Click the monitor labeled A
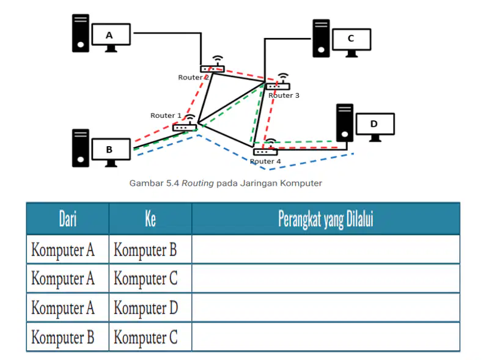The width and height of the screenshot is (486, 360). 111,37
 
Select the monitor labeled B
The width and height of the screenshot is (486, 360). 111,152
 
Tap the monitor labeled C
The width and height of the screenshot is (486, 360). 352,42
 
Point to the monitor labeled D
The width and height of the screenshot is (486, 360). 375,127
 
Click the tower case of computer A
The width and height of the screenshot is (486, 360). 81,33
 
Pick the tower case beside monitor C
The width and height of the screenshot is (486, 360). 321,39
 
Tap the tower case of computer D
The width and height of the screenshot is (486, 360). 345,123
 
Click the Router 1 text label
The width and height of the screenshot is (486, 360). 166,116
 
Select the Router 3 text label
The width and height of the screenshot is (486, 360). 284,95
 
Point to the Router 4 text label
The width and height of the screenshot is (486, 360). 265,161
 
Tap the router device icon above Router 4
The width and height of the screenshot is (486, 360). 266,147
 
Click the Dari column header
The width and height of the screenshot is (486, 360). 68,219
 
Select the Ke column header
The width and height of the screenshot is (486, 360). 150,219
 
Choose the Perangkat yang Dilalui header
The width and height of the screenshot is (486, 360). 326,219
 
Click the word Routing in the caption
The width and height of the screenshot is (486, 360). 197,183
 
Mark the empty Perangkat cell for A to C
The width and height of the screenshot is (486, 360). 326,278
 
